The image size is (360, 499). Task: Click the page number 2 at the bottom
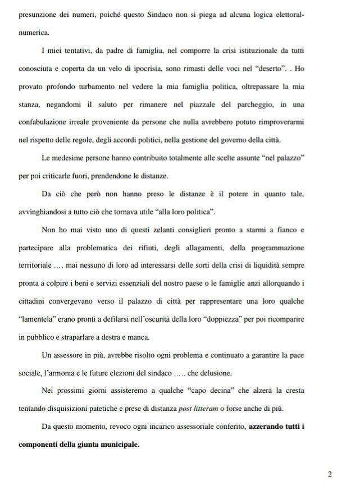pyautogui.click(x=330, y=474)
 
